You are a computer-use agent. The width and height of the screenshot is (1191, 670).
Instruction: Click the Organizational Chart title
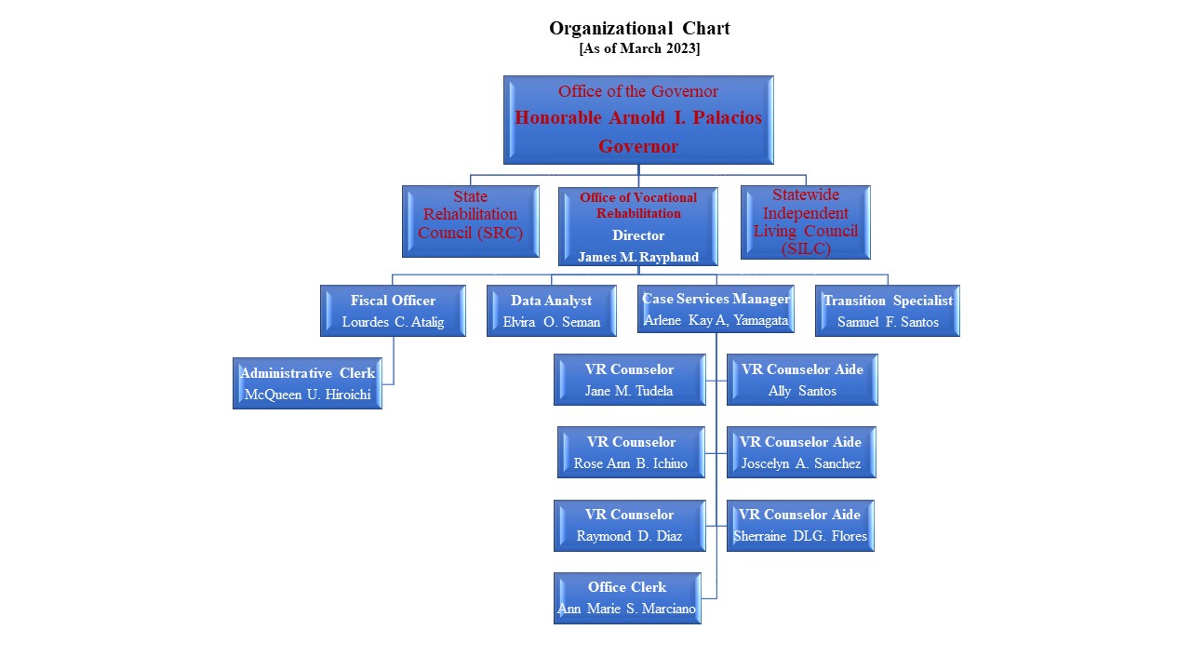638,28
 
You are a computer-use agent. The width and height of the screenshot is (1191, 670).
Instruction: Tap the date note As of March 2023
638,49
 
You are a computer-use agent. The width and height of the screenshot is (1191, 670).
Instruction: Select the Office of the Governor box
638,119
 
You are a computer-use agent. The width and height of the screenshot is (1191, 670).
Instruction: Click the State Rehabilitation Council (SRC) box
470,221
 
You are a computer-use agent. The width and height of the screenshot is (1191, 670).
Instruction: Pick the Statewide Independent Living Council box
805,221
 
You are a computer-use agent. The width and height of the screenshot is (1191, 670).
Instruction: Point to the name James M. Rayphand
638,257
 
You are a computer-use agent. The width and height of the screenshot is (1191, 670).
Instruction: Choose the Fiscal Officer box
393,311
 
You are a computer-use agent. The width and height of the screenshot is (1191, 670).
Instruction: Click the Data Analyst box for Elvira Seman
552,311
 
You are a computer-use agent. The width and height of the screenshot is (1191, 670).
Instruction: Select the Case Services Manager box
716,309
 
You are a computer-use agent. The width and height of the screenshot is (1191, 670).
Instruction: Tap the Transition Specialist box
887,311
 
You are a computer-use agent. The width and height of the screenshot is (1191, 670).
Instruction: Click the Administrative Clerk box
307,383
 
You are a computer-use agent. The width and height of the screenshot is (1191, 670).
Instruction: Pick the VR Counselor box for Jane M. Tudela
629,380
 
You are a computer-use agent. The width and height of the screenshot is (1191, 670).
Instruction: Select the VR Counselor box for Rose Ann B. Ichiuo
631,452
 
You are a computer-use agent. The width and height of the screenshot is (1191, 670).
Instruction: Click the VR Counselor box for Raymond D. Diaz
628,525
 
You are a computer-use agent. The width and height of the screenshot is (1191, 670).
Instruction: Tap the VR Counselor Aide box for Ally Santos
801,380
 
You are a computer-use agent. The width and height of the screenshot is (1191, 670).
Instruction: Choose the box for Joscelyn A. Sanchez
800,452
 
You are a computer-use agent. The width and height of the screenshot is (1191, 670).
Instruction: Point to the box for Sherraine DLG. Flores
799,525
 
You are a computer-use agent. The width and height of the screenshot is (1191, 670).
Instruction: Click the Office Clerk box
627,597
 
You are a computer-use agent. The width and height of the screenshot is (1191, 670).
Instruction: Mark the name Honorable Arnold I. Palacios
638,118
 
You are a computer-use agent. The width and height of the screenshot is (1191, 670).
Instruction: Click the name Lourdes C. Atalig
393,322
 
